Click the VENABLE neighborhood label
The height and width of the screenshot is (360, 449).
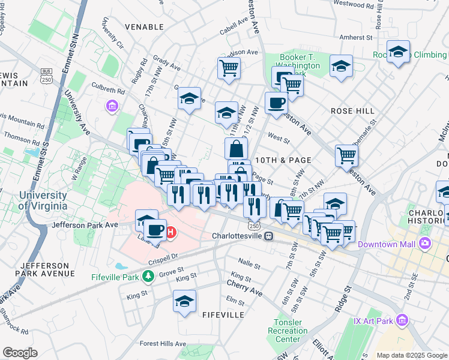point(144,27)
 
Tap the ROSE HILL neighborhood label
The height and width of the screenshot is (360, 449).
point(352,111)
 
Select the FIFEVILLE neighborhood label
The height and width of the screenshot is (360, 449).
point(223,314)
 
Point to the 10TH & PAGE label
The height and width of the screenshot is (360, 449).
point(283,160)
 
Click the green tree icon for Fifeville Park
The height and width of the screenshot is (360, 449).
point(148,276)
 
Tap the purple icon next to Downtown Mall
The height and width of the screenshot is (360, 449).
point(426,244)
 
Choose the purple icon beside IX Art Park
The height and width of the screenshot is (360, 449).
point(402,320)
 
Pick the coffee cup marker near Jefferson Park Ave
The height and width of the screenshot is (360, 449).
point(155,230)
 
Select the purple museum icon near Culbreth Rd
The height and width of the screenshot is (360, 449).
point(111,107)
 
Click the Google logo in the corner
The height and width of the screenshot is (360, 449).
point(20,352)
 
